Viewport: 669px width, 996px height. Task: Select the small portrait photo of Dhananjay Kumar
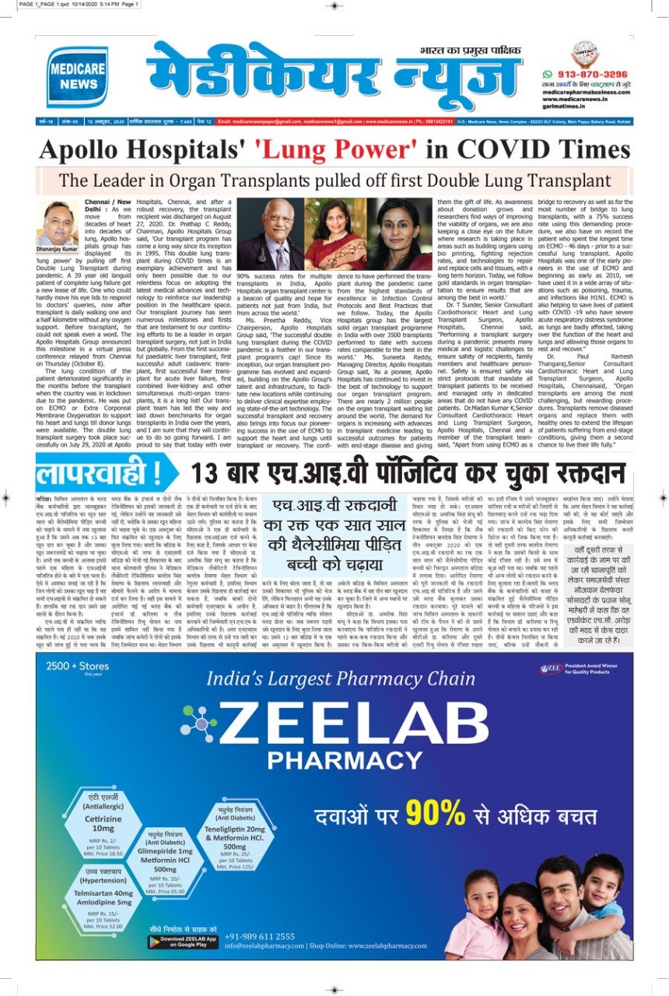coord(60,223)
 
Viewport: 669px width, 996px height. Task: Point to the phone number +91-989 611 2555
coord(260,935)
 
